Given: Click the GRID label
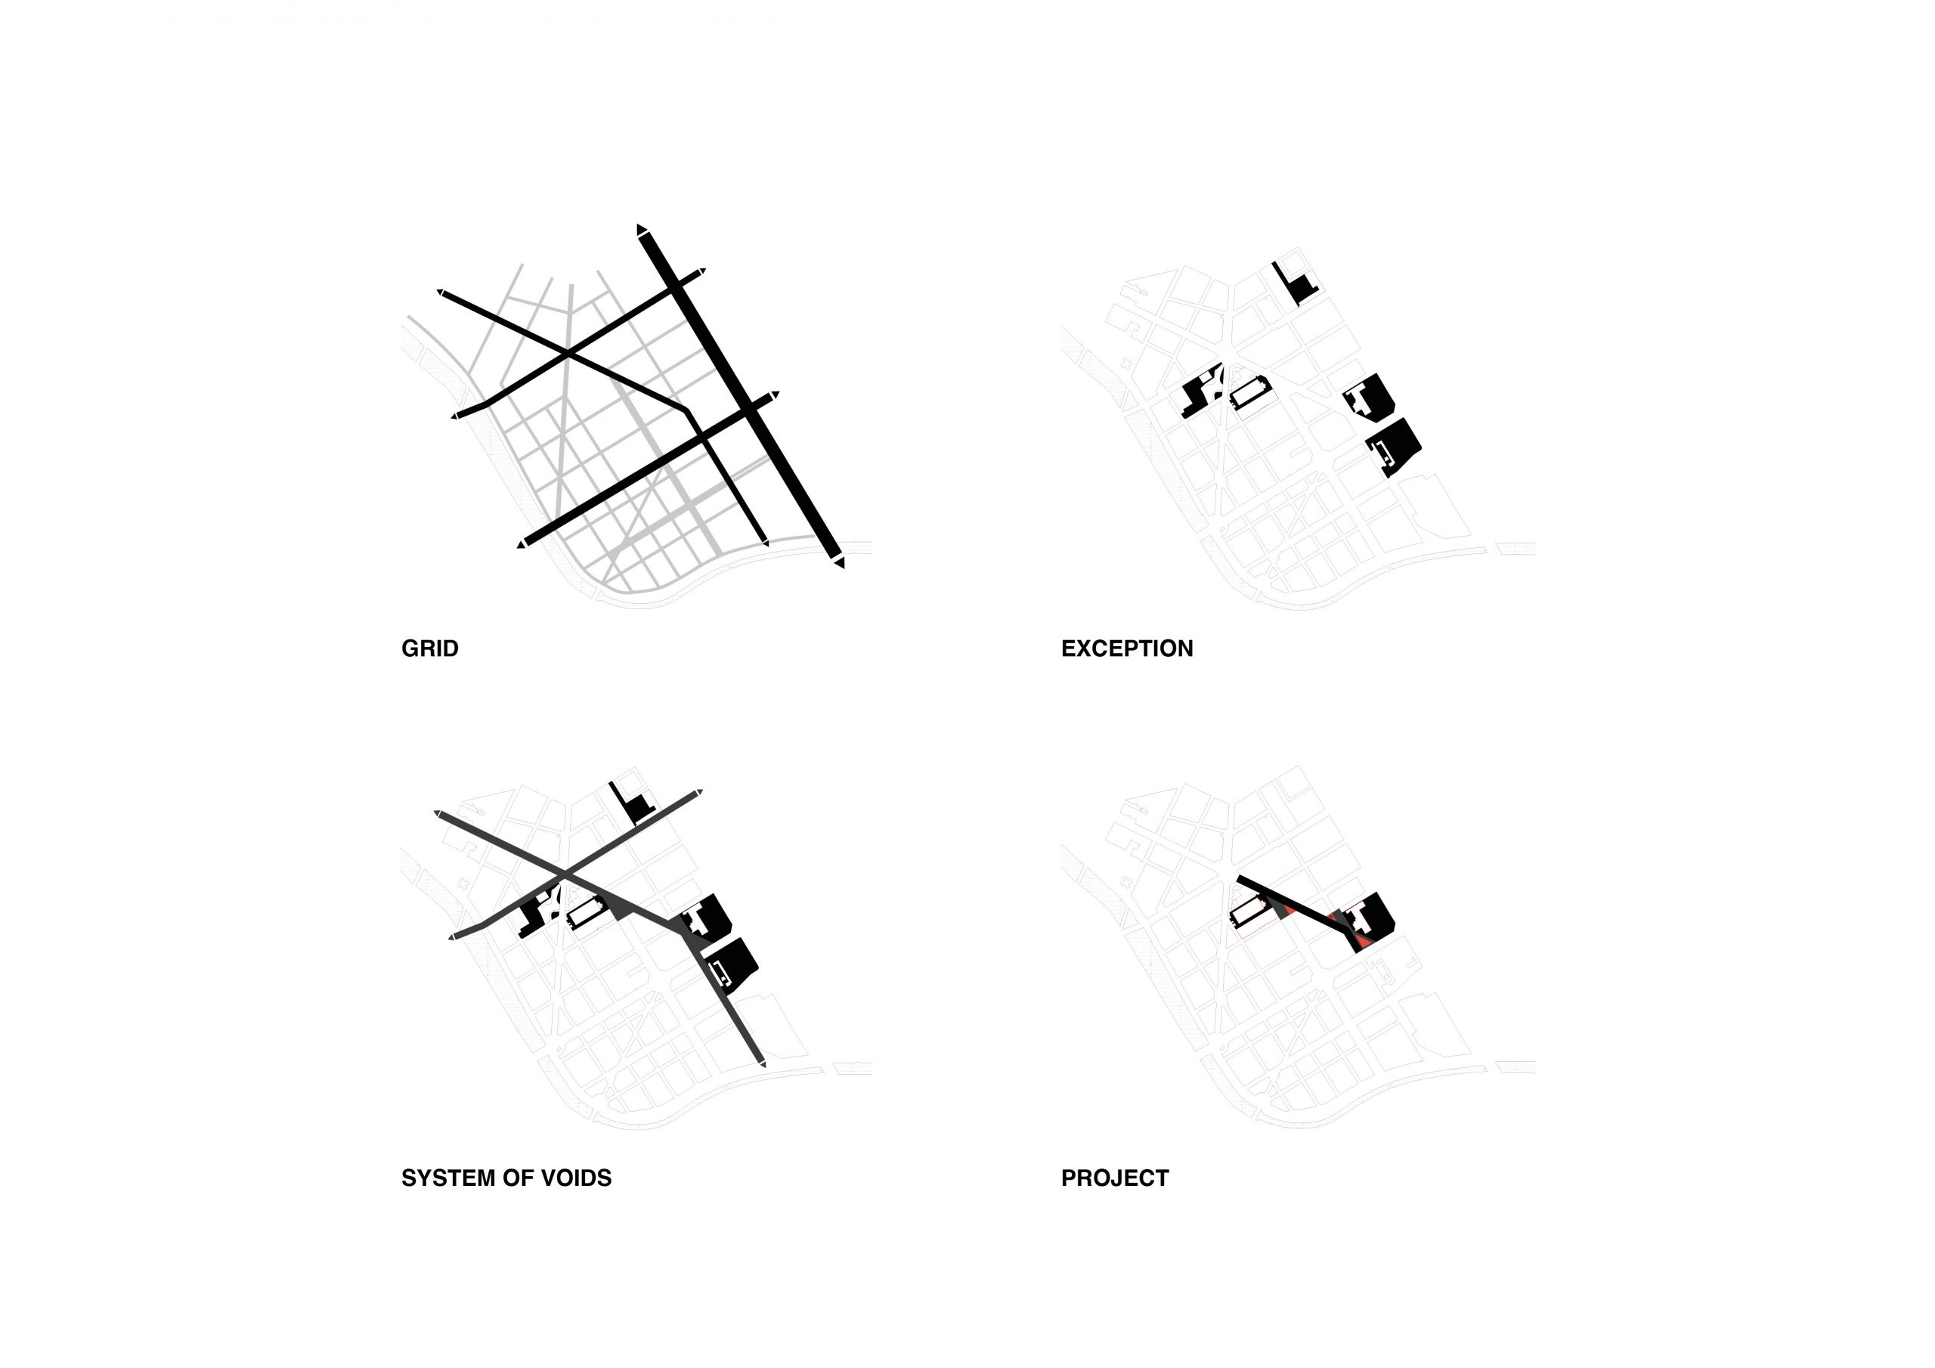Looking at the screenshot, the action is pyautogui.click(x=430, y=648).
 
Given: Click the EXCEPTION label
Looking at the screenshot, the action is pyautogui.click(x=1127, y=648).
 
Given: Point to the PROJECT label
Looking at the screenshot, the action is pyautogui.click(x=1115, y=1178).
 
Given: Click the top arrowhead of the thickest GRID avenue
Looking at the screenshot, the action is pyautogui.click(x=642, y=230).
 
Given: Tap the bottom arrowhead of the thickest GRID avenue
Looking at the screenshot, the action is pyautogui.click(x=838, y=562).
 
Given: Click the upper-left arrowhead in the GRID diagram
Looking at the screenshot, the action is pyautogui.click(x=440, y=292).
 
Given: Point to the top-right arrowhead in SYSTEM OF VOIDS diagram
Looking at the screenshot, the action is pyautogui.click(x=698, y=792).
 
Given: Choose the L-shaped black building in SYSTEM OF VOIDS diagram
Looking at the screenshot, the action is pyautogui.click(x=633, y=803).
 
